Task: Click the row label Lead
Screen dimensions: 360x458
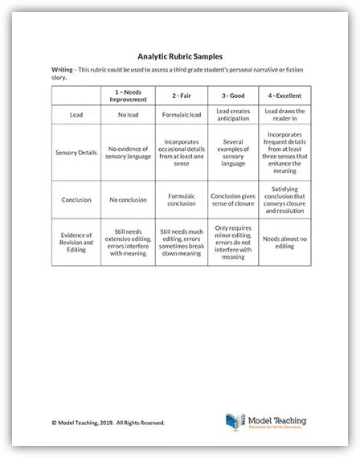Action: [x=76, y=115]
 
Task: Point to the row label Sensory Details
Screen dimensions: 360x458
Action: [x=76, y=150]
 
